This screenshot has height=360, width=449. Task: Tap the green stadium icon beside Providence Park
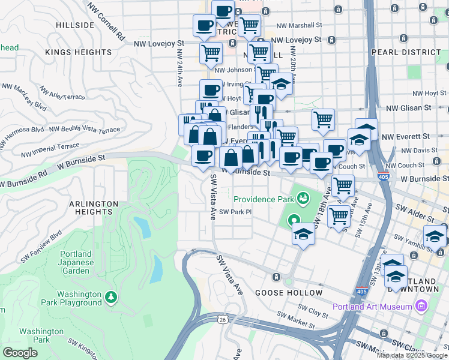pos(304,197)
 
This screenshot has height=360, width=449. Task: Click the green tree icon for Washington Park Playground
pos(110,298)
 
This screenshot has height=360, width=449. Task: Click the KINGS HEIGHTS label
pos(79,52)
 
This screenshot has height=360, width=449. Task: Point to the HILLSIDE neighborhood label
pos(75,25)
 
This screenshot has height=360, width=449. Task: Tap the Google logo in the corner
pos(20,353)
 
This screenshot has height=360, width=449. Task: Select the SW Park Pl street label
pos(235,212)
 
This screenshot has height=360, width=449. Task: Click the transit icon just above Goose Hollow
pos(276,277)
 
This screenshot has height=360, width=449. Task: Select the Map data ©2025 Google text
pos(411,355)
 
